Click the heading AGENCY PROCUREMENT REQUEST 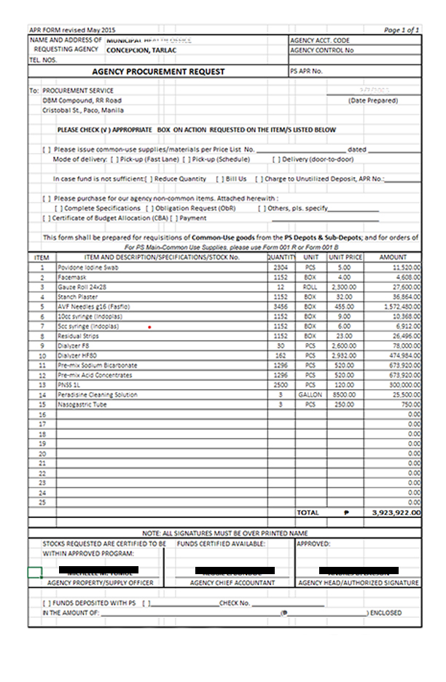(x=158, y=72)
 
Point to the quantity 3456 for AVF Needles (x=279, y=307)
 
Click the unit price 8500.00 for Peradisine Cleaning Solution (x=345, y=394)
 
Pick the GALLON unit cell (x=310, y=394)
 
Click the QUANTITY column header (x=281, y=258)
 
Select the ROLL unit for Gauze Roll (x=310, y=287)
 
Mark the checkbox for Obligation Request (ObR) (x=150, y=208)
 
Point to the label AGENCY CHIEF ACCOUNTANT (x=232, y=583)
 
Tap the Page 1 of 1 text (x=402, y=31)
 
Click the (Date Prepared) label (x=373, y=101)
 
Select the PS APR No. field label (x=306, y=72)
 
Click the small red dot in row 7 (x=149, y=327)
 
